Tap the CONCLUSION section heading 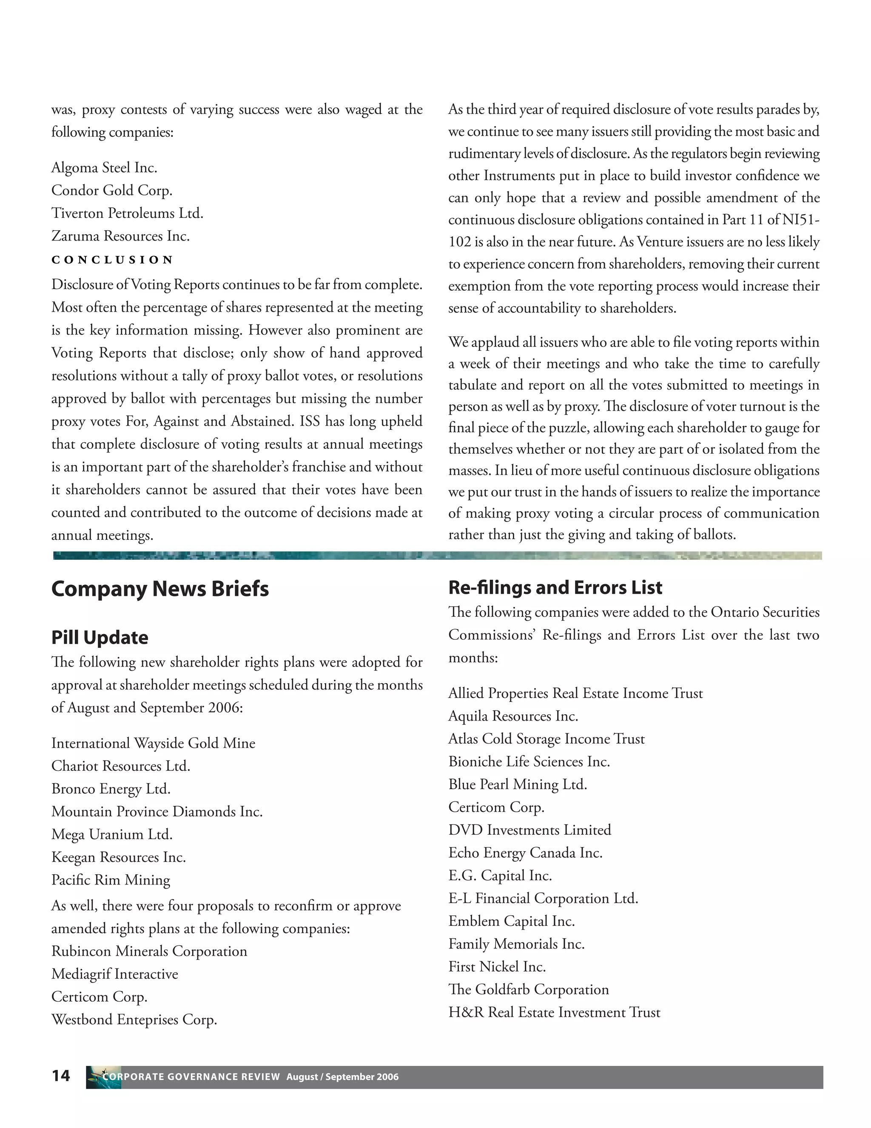click(112, 260)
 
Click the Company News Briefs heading click(160, 589)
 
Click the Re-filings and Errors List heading click(555, 587)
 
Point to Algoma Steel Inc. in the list click(104, 168)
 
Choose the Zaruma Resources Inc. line click(120, 236)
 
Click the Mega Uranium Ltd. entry click(112, 834)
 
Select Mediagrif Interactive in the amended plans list click(114, 973)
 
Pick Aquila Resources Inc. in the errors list click(513, 716)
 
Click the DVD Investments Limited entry click(529, 830)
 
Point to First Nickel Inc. click(497, 966)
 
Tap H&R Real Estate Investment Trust click(554, 1012)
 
